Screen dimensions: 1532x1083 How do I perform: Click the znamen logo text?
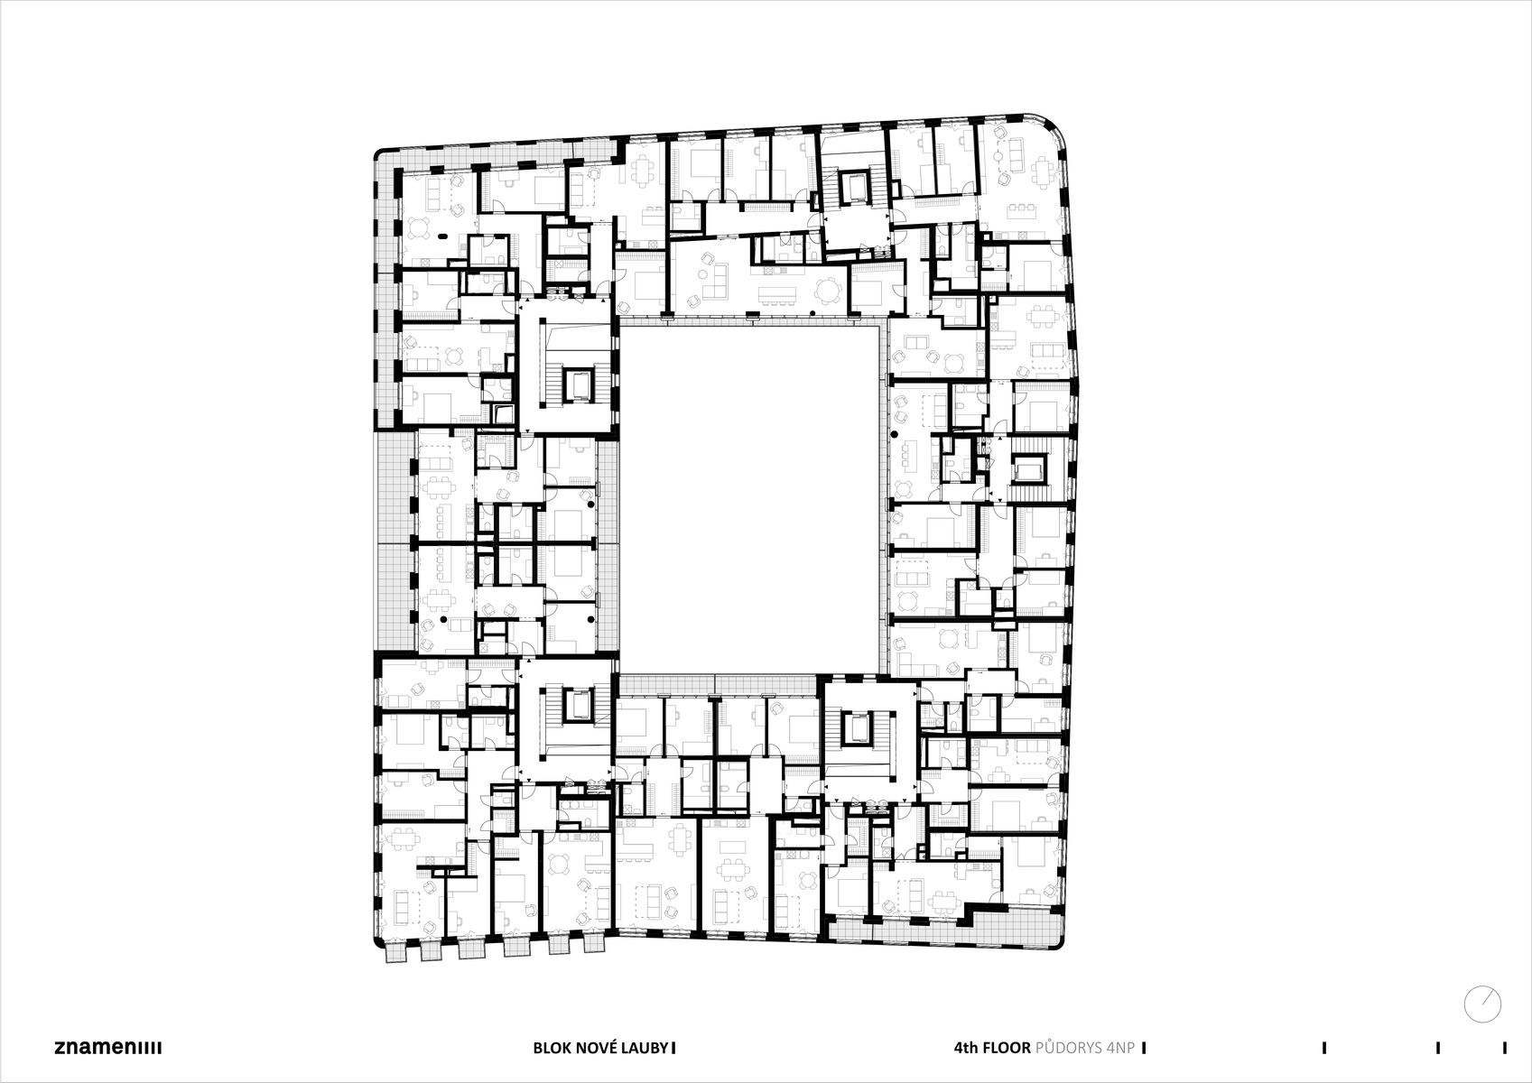tap(108, 1047)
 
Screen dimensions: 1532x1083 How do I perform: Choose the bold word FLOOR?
tap(1004, 1047)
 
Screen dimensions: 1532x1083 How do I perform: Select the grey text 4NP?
tap(1120, 1047)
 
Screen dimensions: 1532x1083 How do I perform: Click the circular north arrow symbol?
tap(1482, 1004)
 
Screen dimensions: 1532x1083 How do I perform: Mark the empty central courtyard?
tap(749, 499)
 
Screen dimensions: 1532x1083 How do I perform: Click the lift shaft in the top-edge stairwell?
tap(853, 187)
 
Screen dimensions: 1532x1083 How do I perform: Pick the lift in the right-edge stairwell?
tap(1027, 471)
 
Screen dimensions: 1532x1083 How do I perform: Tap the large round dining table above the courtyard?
tap(827, 292)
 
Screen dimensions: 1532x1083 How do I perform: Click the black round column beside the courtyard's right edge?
tap(893, 434)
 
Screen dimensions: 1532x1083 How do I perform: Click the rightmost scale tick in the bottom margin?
tap(1505, 1047)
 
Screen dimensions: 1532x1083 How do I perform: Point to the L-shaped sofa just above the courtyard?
tap(715, 282)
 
